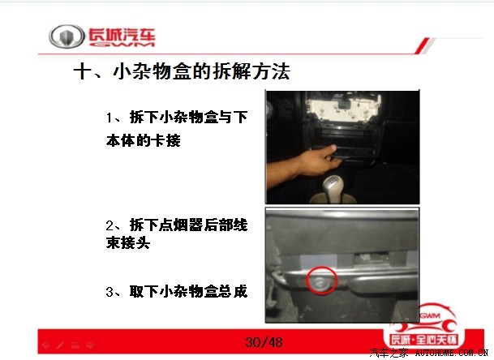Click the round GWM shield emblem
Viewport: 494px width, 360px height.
click(67, 36)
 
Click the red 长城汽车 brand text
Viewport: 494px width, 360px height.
click(122, 36)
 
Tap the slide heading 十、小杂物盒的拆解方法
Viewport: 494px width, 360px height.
click(182, 71)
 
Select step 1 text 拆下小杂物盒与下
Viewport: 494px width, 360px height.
click(188, 118)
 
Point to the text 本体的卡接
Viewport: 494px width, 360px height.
click(144, 140)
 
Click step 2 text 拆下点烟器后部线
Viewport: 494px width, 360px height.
click(188, 225)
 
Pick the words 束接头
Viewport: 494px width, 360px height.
click(128, 242)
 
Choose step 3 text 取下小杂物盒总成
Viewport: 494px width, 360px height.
click(188, 291)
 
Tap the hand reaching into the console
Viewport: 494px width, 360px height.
click(306, 164)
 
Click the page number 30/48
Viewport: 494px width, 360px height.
click(264, 342)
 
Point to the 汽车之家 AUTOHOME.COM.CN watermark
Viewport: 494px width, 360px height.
click(429, 353)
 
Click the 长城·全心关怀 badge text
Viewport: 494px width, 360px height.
click(423, 340)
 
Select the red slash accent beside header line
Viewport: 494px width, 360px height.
click(423, 45)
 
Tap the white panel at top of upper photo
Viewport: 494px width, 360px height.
click(343, 107)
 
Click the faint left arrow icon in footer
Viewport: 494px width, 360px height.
click(46, 345)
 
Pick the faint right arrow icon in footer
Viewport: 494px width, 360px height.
click(90, 345)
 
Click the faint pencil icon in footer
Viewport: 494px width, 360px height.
click(61, 345)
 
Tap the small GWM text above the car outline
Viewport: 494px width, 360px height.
click(431, 315)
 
